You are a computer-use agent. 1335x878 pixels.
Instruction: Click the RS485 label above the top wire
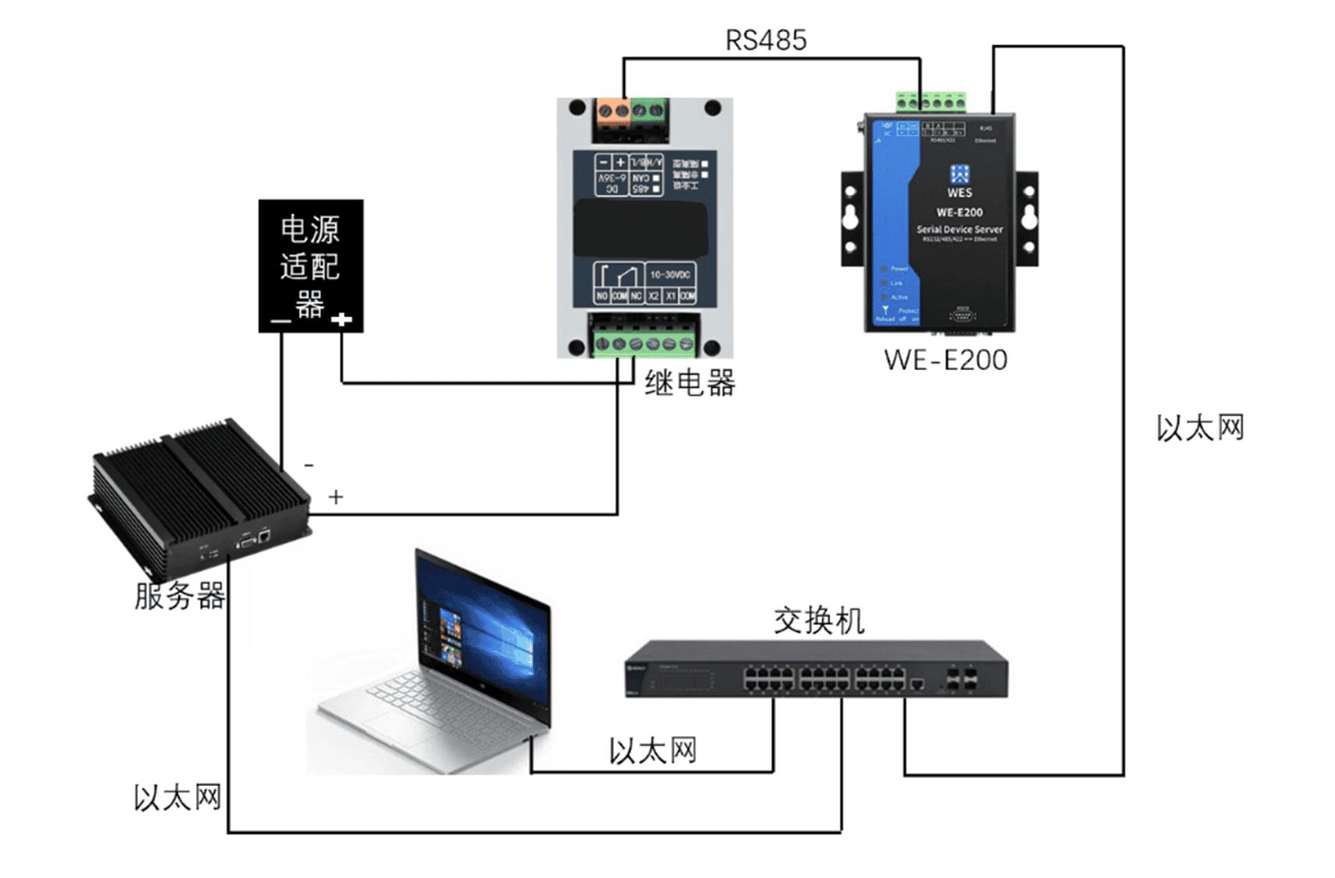pos(765,41)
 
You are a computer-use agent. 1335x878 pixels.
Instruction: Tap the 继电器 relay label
pos(690,383)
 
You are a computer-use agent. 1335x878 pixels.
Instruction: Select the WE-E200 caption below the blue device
pos(945,360)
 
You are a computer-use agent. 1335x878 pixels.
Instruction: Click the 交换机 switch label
pos(818,621)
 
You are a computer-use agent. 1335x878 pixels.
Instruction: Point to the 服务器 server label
pos(179,596)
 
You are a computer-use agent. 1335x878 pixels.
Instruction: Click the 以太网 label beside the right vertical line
pos(1199,428)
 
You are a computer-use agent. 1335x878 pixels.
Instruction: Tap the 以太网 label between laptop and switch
pos(652,751)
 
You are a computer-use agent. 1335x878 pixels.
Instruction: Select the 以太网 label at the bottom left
pos(177,798)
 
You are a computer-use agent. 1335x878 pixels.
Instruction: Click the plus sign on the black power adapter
pos(341,319)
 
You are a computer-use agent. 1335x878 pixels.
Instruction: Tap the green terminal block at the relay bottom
pos(644,343)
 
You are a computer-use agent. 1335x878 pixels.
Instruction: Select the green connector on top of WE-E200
pos(931,102)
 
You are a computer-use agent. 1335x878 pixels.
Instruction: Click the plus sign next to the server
pos(336,497)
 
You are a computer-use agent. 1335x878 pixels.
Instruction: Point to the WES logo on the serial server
pos(959,181)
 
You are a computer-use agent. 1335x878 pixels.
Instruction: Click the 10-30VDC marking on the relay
pos(670,275)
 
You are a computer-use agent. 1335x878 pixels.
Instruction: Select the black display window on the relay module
pos(641,229)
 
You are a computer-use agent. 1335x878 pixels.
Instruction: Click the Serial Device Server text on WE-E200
pos(959,229)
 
